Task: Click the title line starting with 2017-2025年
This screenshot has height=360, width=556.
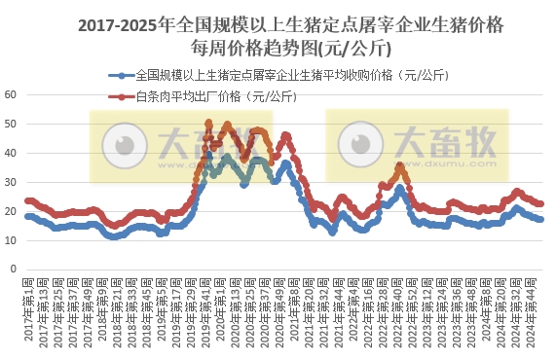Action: pos(278,22)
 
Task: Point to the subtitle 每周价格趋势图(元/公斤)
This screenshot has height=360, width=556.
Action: pos(278,45)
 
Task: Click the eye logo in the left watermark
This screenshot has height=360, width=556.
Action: pos(125,145)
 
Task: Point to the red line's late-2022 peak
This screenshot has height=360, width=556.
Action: pos(400,166)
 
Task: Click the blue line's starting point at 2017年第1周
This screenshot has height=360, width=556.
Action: pos(27,216)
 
